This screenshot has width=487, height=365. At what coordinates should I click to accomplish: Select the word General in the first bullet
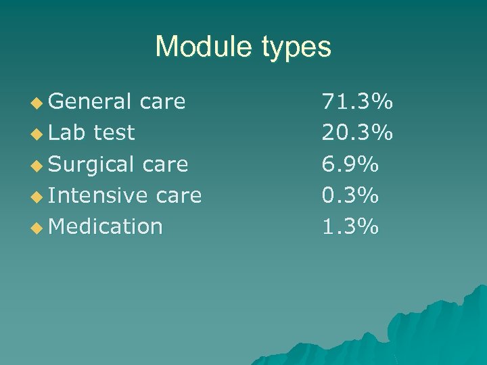point(90,101)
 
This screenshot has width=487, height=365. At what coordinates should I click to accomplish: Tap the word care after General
point(162,102)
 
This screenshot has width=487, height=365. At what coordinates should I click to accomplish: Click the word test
point(114,132)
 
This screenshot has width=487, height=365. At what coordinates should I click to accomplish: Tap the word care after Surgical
point(165,164)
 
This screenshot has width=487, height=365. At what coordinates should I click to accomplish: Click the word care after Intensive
point(179,196)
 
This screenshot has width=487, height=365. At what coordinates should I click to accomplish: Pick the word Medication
point(106,226)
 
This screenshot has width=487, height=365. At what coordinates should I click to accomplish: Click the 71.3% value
point(357,102)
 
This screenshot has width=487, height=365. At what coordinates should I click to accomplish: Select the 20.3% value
point(357,133)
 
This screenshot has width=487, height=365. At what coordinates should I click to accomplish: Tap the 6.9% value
point(349,164)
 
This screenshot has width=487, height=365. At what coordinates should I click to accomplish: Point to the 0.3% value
point(349,195)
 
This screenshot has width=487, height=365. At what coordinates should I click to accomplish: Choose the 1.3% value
point(349,226)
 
